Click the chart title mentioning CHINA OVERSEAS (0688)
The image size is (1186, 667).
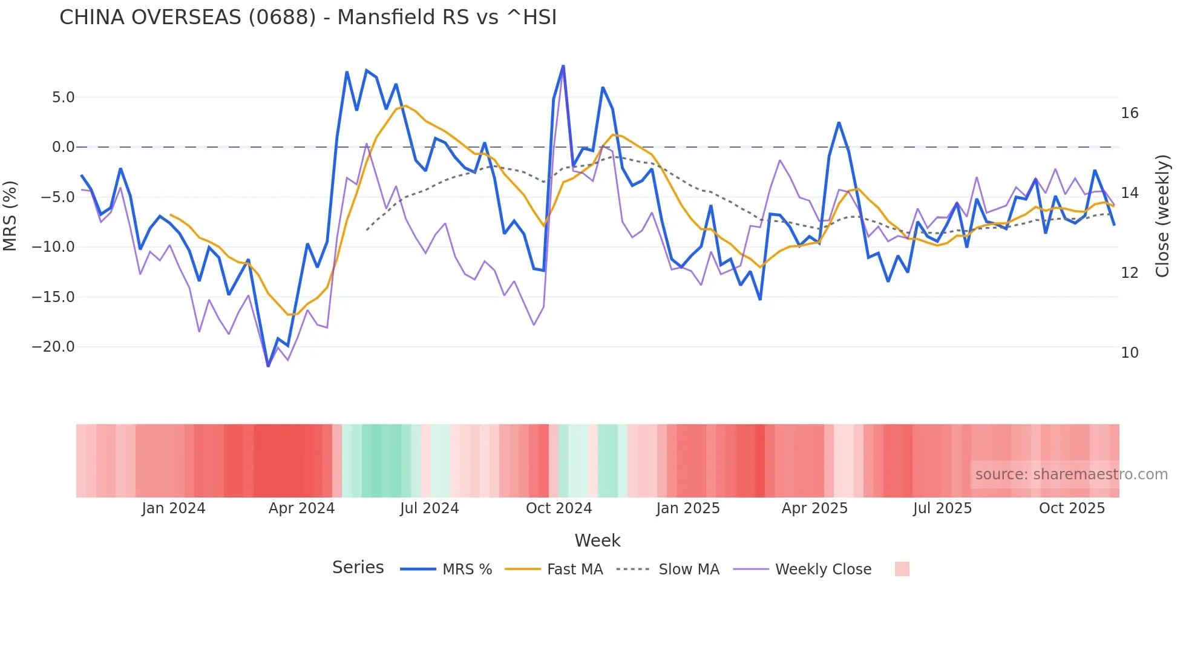pos(307,18)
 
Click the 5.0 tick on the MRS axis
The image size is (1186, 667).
pos(63,97)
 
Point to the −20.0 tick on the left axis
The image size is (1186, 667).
pos(53,347)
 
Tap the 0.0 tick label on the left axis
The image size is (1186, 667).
pos(63,147)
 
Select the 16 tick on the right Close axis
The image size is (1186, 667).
pos(1130,113)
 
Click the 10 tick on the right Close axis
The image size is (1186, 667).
pos(1130,353)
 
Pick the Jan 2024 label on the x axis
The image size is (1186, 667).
pos(174,508)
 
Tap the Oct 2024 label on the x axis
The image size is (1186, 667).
pos(559,508)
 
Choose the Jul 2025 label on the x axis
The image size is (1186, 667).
pos(942,508)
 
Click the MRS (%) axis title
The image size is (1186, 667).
pos(10,216)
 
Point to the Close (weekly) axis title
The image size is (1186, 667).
pos(1162,216)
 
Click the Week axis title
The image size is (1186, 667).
pos(597,540)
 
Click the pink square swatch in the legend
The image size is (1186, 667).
pos(902,569)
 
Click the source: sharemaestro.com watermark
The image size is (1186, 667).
pos(1071,475)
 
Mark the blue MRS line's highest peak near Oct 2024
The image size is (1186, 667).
pos(563,66)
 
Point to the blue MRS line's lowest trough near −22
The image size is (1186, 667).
pos(268,366)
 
